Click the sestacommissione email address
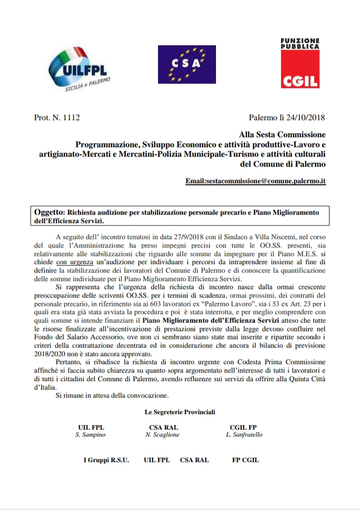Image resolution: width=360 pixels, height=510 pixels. [x=255, y=180]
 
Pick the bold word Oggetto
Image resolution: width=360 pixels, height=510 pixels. [x=50, y=212]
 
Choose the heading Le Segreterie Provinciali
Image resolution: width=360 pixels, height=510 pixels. [x=180, y=412]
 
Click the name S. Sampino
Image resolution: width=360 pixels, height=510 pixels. [x=91, y=435]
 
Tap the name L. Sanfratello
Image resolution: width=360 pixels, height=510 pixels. [x=244, y=435]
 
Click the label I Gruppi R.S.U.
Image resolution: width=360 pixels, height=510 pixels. [x=105, y=460]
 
